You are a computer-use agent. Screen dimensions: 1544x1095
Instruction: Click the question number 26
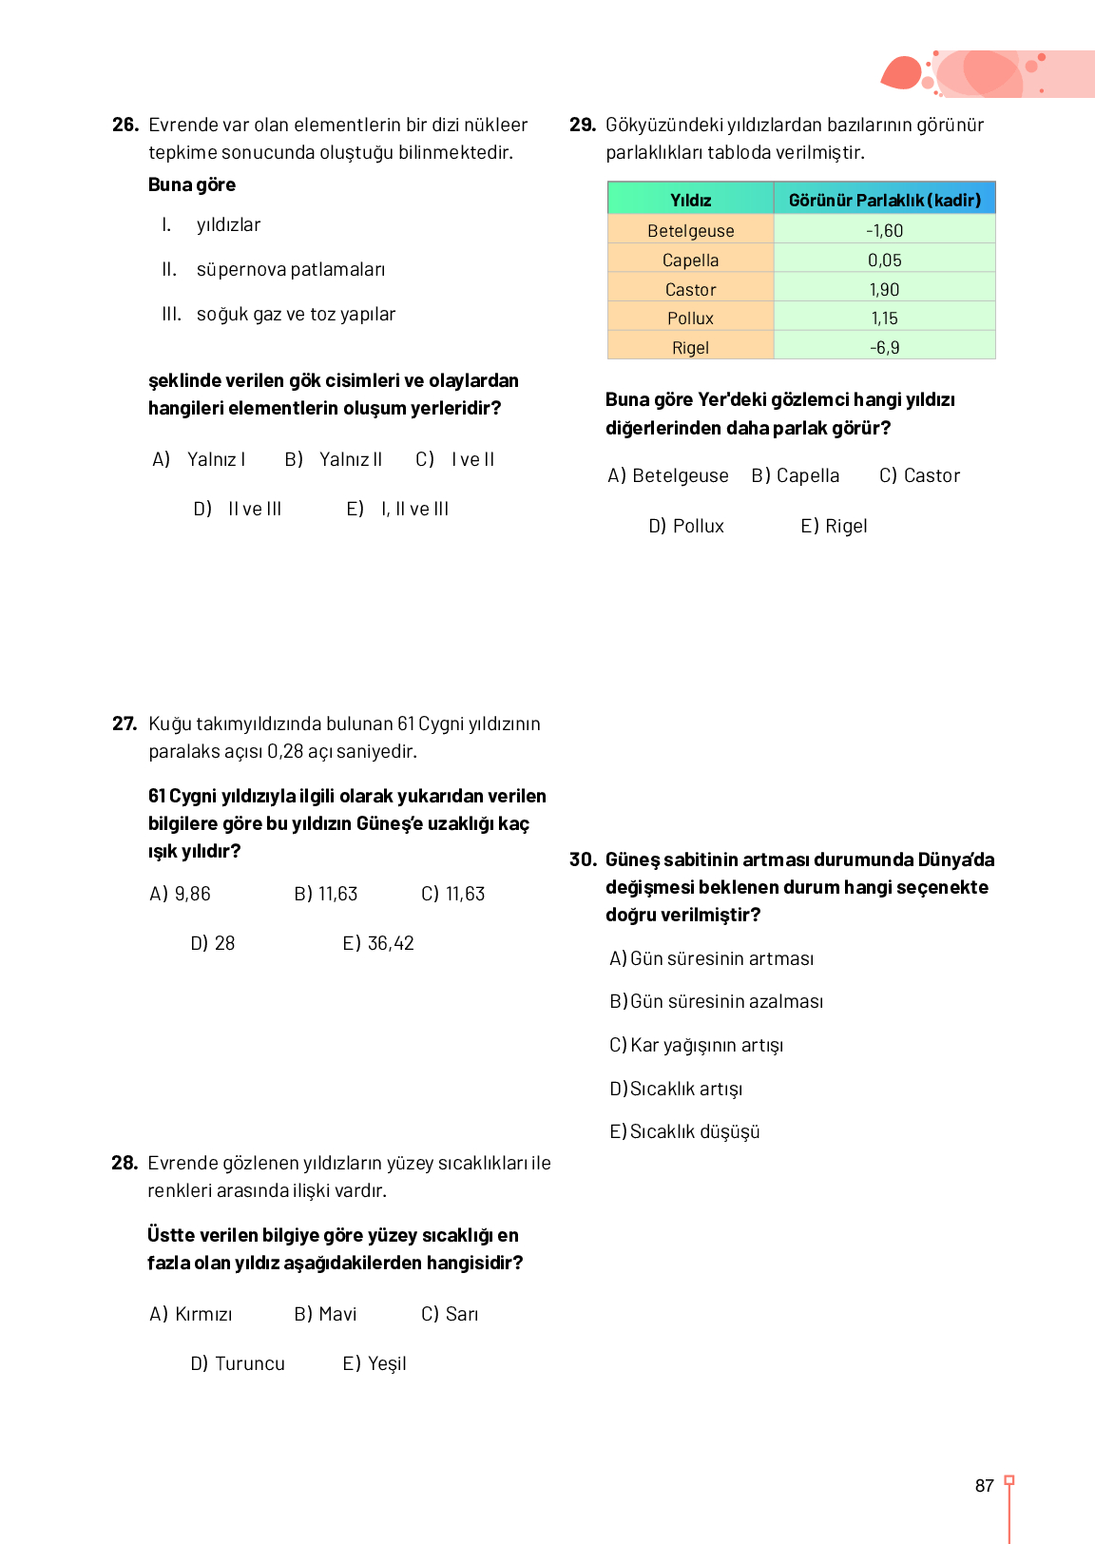click(125, 125)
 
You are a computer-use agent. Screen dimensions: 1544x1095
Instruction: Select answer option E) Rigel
click(834, 526)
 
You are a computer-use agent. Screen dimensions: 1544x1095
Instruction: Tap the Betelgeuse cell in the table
click(690, 230)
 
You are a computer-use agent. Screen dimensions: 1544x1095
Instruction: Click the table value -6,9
click(884, 347)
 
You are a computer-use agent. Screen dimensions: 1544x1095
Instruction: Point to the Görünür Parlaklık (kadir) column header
click(884, 200)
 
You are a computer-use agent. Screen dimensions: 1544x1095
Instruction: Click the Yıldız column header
click(690, 200)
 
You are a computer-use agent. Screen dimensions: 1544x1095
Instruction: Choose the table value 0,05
click(884, 260)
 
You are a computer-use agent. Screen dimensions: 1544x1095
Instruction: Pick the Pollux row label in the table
click(690, 318)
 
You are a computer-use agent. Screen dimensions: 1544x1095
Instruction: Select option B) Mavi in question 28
click(325, 1314)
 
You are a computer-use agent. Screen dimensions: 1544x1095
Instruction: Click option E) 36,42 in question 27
click(378, 943)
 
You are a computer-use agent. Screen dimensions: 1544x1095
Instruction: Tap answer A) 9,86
click(180, 894)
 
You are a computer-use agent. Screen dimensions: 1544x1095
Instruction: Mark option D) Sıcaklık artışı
click(676, 1089)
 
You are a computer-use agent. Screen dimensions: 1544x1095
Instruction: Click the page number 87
click(984, 1486)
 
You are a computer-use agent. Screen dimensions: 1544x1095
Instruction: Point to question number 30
click(583, 859)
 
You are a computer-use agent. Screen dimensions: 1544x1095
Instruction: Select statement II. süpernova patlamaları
click(273, 269)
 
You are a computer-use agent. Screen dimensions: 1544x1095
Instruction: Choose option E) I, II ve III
click(397, 509)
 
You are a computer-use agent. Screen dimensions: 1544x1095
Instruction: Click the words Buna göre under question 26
click(192, 184)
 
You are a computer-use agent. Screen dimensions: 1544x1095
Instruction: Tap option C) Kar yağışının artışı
click(696, 1045)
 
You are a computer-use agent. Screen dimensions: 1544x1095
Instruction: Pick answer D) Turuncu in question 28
click(238, 1363)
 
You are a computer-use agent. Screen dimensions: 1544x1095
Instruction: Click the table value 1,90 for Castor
click(884, 289)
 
